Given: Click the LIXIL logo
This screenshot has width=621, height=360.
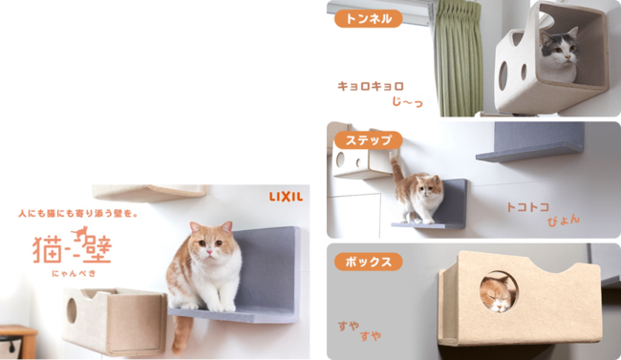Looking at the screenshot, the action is (x=286, y=197).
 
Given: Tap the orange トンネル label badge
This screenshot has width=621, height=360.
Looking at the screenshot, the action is (x=369, y=18).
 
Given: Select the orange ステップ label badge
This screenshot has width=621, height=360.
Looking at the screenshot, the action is (x=369, y=140).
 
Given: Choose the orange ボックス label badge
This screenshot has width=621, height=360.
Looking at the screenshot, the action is (x=369, y=262).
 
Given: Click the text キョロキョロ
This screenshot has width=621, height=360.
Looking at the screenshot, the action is (x=371, y=86).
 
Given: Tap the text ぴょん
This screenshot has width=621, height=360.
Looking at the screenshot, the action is (x=564, y=221).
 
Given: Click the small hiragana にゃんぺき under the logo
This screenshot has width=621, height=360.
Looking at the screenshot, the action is (x=74, y=273).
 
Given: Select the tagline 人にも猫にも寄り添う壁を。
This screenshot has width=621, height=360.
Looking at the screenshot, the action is (x=78, y=214).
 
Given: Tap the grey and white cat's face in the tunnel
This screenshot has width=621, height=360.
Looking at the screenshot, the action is (x=560, y=49).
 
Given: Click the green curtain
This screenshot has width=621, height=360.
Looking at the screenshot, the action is (x=460, y=58).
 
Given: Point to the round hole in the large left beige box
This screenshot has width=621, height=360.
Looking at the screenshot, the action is (x=72, y=310).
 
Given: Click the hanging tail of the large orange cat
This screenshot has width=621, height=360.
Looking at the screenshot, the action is (x=181, y=333).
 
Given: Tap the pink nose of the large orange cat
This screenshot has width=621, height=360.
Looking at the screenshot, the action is (x=209, y=253).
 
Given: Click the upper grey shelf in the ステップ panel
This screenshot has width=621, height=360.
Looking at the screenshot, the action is (x=530, y=141).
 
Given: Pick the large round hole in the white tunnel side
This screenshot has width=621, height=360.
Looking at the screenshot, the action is (x=503, y=75).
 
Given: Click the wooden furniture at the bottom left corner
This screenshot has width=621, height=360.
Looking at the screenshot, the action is (x=18, y=342).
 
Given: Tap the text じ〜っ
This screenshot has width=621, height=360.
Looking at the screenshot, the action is (x=407, y=102).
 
